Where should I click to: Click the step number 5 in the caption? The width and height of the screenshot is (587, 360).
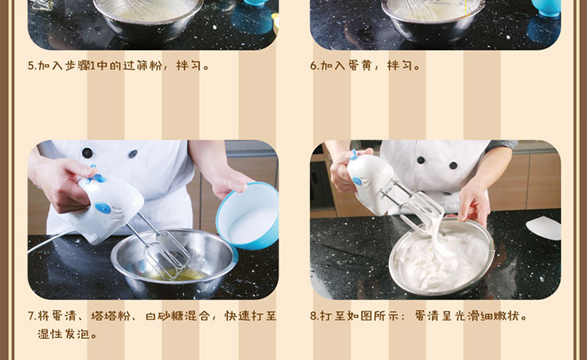coord(31,66)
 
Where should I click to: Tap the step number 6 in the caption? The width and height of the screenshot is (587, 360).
coord(314,66)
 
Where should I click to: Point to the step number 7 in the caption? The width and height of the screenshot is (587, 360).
coord(31,316)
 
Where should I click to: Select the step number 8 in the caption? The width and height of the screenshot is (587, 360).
coord(314,316)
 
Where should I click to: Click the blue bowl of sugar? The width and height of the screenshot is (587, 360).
coord(249,216)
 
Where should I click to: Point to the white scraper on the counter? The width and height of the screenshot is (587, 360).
coord(544,228)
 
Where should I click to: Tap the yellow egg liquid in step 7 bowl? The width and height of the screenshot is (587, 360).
coord(180,275)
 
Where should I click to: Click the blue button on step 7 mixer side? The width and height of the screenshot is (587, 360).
coord(103,208)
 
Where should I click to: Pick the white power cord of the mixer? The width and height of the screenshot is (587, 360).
coord(51,241)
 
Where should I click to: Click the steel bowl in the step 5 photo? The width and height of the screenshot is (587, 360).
coord(149,20)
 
